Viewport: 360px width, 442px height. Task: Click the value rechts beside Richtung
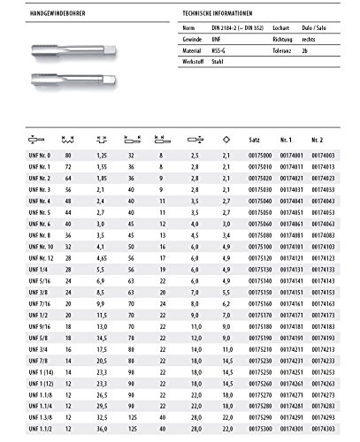pos(310,40)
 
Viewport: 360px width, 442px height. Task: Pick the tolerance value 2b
pos(304,52)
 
